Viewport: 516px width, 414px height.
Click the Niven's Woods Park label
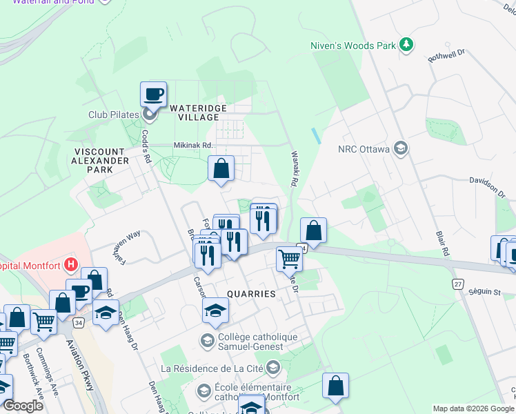tap(353, 46)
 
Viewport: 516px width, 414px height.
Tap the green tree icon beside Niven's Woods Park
tap(407, 45)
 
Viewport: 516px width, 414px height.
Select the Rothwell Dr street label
tap(447, 55)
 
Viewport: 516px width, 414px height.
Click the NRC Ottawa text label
tap(364, 149)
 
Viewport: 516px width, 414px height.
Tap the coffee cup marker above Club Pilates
tap(153, 95)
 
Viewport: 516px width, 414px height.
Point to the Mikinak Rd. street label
tap(192, 146)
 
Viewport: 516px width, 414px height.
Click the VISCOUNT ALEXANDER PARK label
tap(101, 160)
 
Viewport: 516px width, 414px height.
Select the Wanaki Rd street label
tap(293, 169)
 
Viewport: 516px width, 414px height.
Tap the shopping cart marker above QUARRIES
tap(290, 260)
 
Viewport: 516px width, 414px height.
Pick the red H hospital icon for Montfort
tap(70, 264)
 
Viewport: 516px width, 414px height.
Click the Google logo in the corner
tap(23, 406)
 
